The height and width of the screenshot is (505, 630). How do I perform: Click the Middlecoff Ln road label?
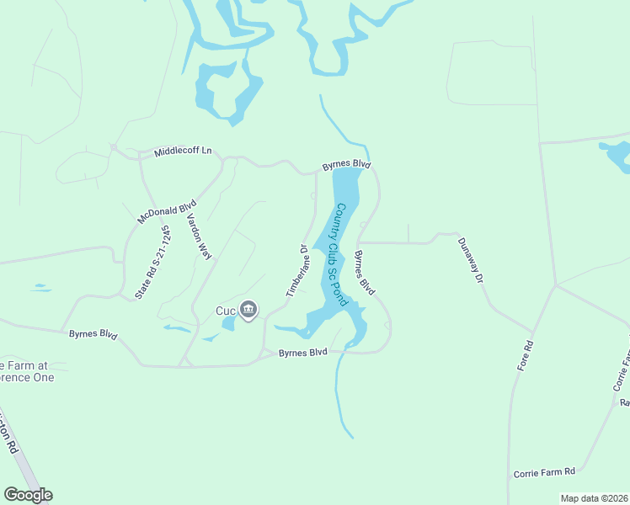click(183, 152)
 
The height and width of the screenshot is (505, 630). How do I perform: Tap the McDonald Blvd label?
click(167, 211)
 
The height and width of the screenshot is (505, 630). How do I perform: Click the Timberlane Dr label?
click(295, 271)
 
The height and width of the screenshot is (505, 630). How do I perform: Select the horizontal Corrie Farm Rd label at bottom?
click(543, 473)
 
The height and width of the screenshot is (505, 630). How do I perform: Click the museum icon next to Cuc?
click(248, 311)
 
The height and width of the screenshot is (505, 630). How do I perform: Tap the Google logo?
click(28, 495)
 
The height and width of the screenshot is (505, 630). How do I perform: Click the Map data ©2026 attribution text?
click(594, 498)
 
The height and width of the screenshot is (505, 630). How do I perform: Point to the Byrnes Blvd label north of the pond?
click(346, 164)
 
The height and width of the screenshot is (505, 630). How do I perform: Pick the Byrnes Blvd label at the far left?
click(93, 334)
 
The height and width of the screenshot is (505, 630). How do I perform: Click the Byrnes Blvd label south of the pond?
click(302, 352)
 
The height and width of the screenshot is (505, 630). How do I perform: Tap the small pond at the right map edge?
click(617, 156)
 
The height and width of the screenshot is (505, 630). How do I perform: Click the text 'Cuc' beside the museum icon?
click(226, 311)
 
